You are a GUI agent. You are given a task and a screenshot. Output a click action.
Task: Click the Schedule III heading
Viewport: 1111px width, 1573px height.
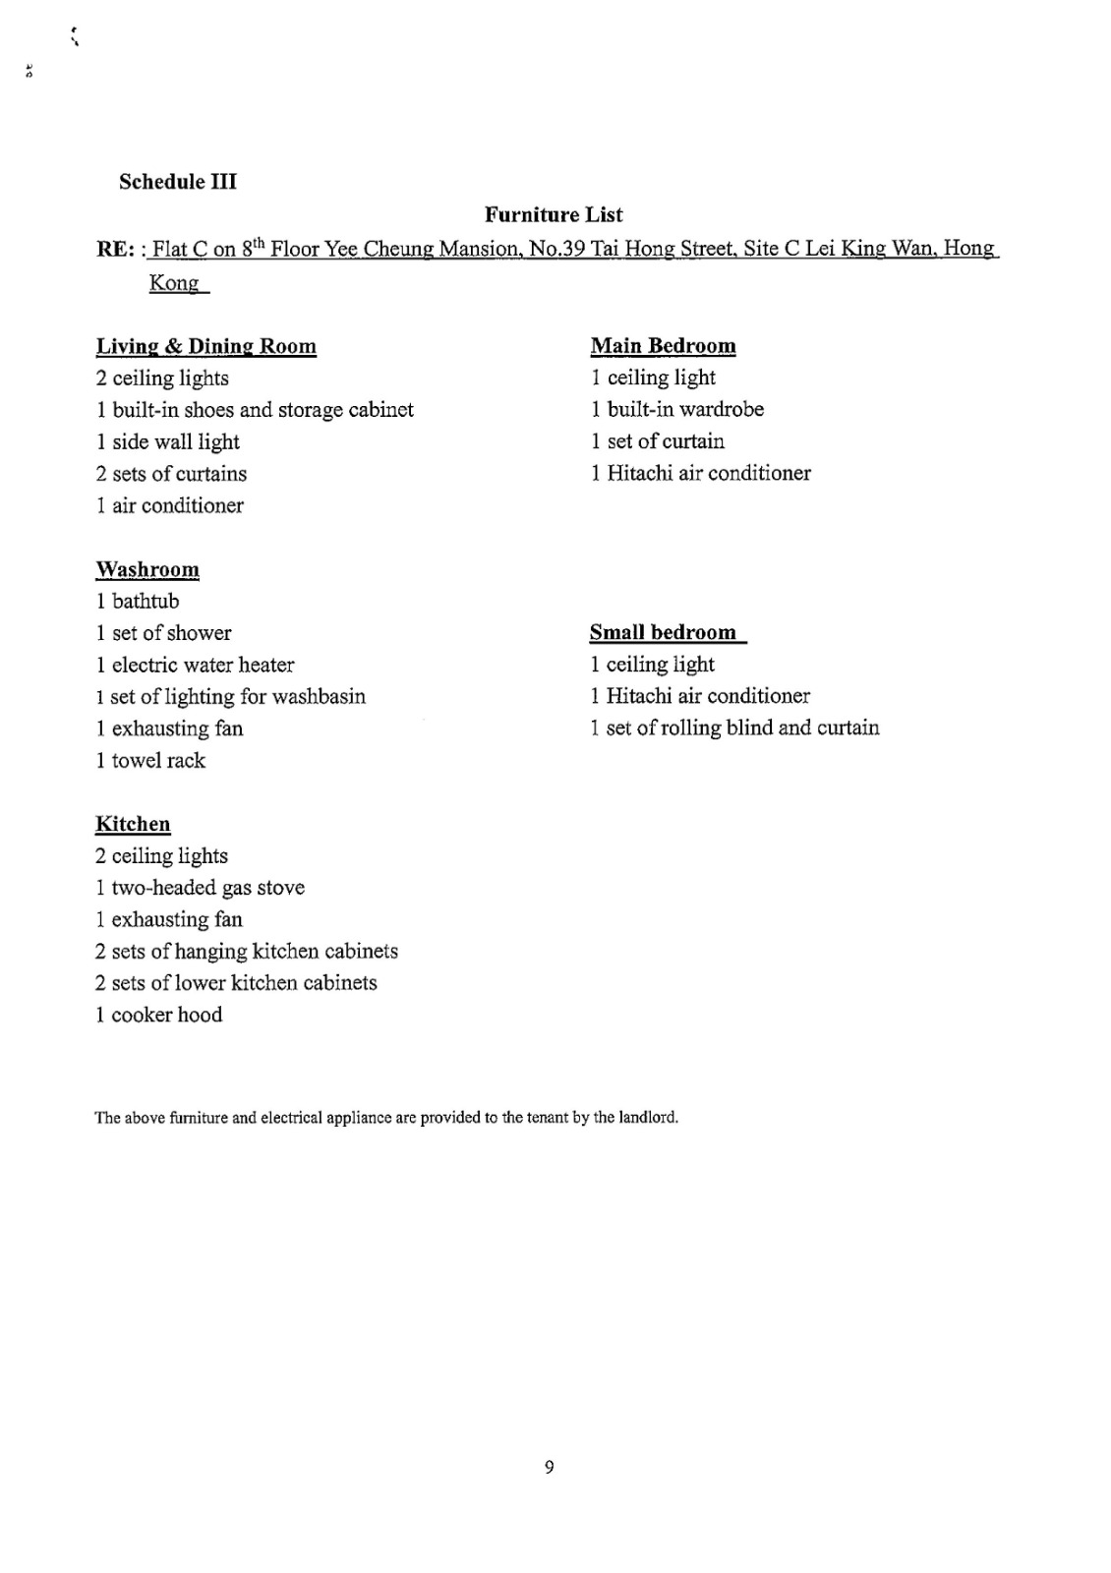(178, 182)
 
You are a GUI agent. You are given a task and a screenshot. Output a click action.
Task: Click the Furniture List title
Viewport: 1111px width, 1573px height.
(554, 214)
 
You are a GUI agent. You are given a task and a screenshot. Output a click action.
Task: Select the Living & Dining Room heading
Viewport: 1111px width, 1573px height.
(206, 346)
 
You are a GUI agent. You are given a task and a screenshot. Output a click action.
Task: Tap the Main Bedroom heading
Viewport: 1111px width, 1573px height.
(663, 346)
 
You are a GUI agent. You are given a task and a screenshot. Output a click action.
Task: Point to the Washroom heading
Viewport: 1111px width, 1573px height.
(147, 570)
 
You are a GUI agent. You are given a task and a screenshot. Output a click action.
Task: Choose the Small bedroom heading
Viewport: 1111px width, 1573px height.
(664, 632)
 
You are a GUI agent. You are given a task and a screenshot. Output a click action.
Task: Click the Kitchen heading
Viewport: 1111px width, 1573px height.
(133, 824)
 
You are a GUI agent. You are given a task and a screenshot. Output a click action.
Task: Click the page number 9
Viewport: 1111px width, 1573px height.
(549, 1467)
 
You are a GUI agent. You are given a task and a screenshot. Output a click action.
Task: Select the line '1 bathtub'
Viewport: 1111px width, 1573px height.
(138, 602)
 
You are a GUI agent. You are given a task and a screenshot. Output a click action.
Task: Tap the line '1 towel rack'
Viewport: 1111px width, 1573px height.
(150, 760)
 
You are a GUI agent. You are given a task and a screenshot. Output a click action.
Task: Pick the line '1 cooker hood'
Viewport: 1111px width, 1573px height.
(158, 1015)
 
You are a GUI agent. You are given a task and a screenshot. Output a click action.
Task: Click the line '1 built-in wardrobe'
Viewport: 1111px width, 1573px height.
(676, 409)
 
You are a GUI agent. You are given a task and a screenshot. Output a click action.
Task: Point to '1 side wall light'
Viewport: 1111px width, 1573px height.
(168, 441)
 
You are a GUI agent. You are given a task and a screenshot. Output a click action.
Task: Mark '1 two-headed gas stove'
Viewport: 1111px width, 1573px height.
(200, 888)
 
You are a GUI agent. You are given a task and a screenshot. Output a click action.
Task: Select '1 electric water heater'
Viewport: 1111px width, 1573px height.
(195, 665)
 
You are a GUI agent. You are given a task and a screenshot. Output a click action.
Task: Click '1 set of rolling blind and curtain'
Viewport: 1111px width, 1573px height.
(734, 728)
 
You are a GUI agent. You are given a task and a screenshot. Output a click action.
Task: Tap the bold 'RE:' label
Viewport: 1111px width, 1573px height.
(115, 249)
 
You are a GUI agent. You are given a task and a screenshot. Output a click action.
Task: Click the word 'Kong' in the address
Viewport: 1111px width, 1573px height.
(174, 283)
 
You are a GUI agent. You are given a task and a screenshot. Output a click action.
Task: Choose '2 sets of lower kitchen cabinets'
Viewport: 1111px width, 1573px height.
(236, 983)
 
